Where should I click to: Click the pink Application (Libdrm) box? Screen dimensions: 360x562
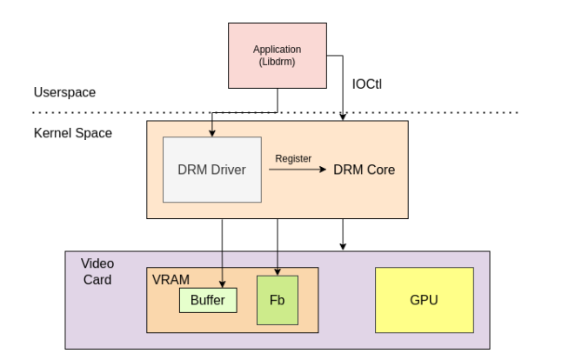click(278, 54)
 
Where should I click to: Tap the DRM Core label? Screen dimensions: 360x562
click(364, 170)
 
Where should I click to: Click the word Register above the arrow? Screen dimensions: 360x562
click(293, 158)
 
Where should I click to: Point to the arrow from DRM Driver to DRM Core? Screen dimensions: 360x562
click(296, 170)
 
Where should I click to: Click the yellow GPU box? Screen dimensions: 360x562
click(424, 300)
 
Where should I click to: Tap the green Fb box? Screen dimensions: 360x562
click(278, 301)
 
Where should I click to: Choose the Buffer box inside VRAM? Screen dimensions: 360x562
click(208, 301)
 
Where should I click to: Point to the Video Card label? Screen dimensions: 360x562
click(97, 270)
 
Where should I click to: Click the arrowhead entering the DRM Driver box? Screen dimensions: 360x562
click(212, 132)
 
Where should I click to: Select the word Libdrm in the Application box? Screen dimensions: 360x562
click(278, 61)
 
